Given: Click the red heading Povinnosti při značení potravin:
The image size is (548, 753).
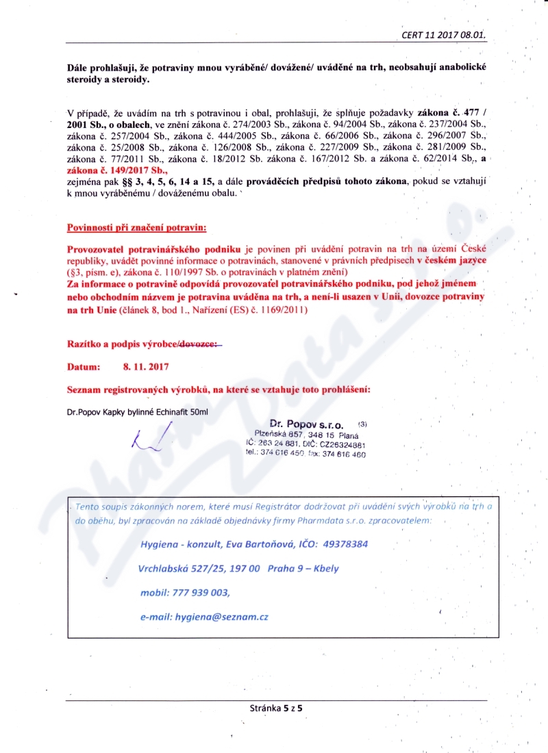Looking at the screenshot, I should point(136,227).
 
